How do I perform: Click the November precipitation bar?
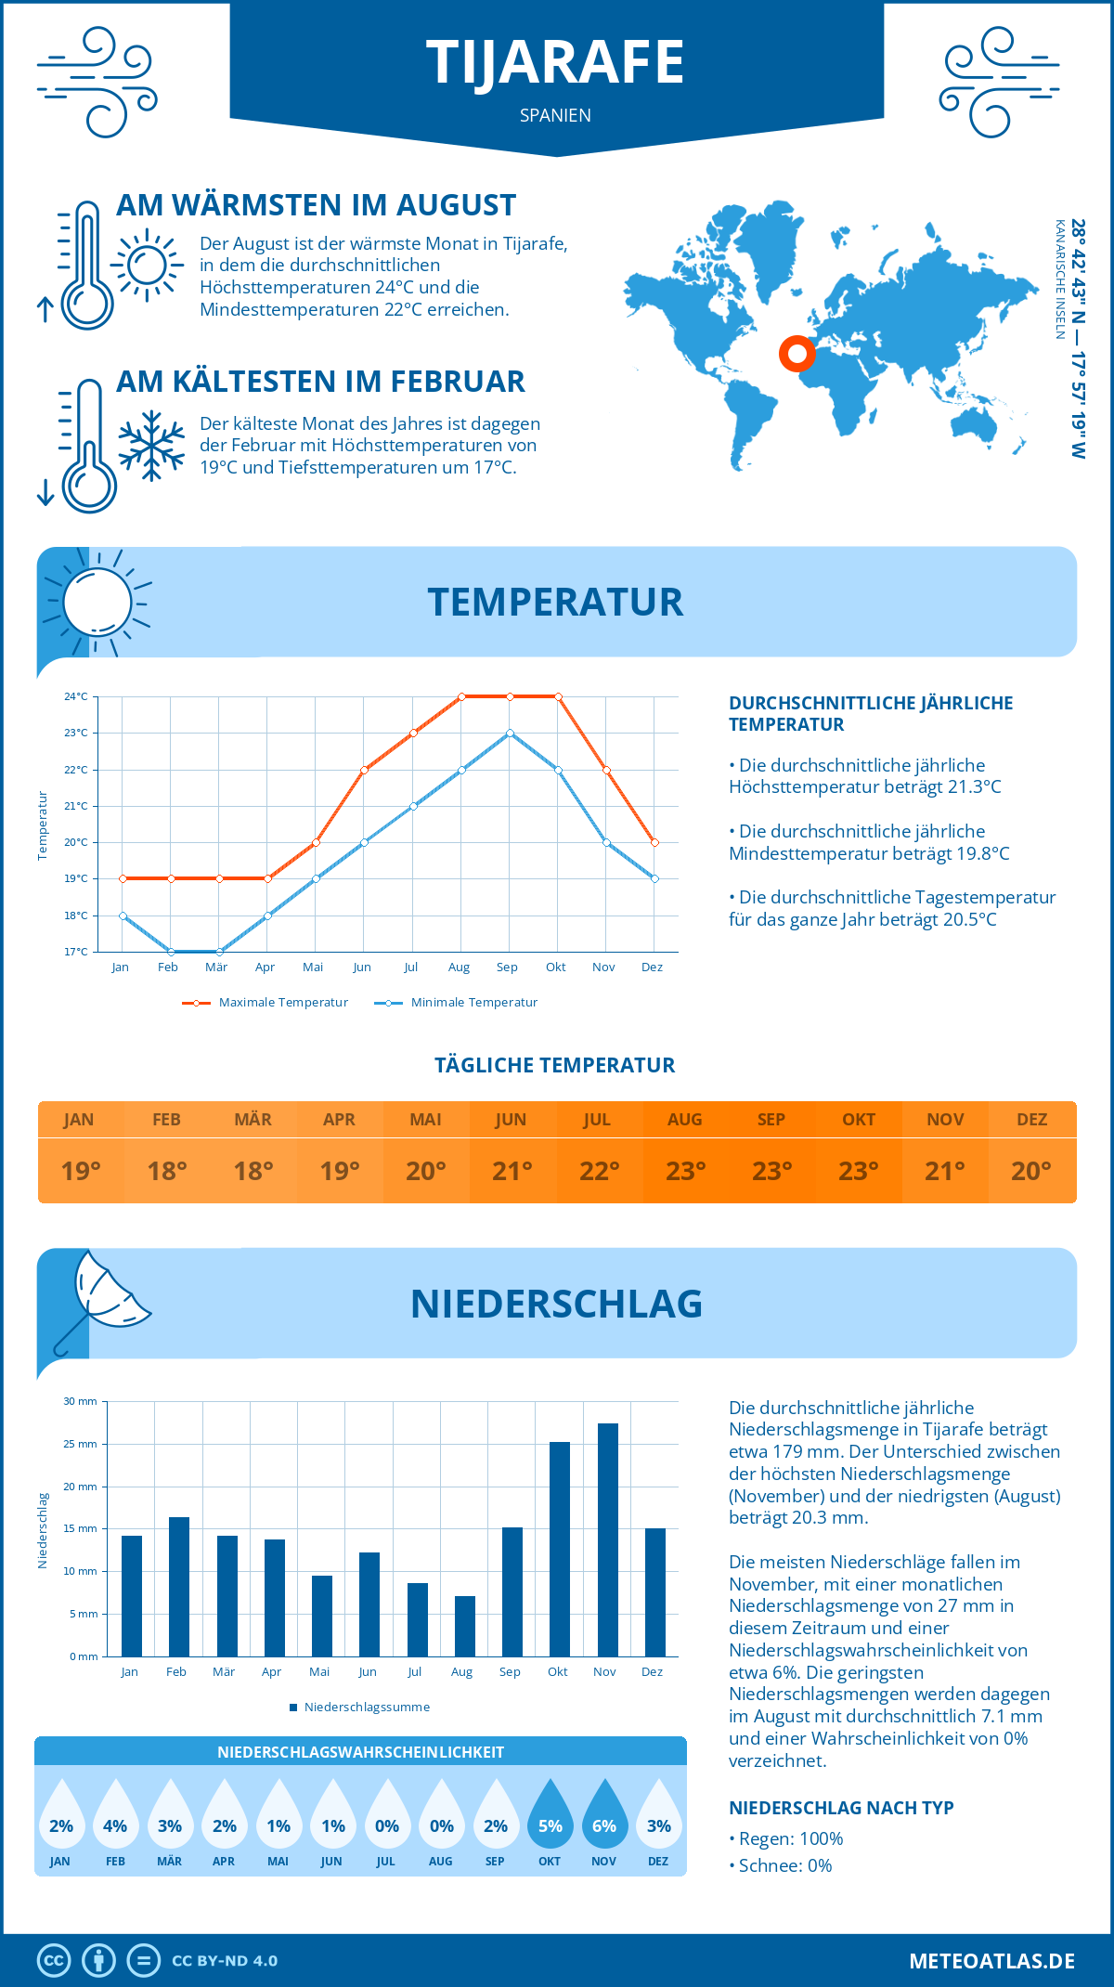coord(607,1539)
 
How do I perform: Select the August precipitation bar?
coord(465,1626)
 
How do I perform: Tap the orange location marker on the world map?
coord(797,353)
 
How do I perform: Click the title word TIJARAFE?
coord(555,63)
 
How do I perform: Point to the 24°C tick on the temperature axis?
coord(76,696)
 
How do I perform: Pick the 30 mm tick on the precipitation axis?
coord(81,1401)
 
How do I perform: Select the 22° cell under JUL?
coord(599,1171)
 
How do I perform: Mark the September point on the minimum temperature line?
coord(510,734)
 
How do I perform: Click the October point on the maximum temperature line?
coord(558,696)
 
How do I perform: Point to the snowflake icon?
coord(151,446)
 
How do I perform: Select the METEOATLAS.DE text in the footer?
coord(991,1961)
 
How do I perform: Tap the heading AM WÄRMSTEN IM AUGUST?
coord(316,205)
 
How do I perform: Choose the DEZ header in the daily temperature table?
coord(1031,1120)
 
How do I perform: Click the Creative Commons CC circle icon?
coord(54,1961)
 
